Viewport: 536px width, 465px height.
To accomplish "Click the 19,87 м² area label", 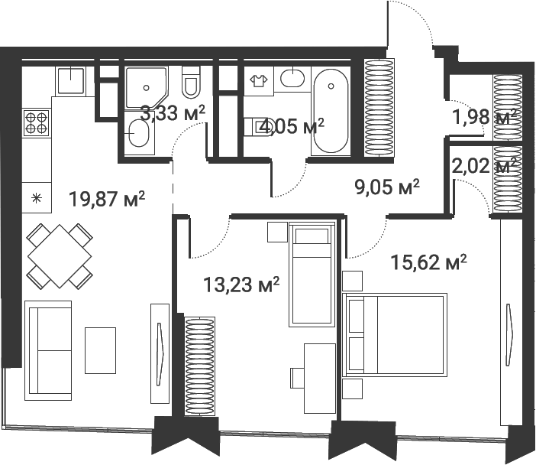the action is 107,199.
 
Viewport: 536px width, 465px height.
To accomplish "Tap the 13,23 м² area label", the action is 241,285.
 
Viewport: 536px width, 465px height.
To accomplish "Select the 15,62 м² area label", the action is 428,262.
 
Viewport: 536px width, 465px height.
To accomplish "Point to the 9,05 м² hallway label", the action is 387,187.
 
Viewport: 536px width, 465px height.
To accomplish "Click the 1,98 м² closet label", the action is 484,117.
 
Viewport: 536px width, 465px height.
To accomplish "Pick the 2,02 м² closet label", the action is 484,166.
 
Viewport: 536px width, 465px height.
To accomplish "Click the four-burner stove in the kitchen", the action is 36,123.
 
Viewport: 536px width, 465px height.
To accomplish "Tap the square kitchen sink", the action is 71,81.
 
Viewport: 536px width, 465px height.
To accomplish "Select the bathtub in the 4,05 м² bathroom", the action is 331,112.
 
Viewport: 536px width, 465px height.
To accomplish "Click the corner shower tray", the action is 146,87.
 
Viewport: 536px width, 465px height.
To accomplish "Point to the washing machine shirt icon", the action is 258,81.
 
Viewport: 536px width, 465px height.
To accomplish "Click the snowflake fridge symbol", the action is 36,198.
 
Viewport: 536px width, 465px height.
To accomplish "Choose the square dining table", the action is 59,255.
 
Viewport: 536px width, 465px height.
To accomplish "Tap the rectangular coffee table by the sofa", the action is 100,350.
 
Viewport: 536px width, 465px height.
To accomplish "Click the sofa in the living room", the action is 48,350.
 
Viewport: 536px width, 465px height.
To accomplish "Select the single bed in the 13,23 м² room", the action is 312,275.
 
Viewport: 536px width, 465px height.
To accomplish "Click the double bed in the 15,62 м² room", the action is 395,335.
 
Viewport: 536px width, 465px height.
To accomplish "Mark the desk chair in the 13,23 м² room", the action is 297,378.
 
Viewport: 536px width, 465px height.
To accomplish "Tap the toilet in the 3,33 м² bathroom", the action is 191,82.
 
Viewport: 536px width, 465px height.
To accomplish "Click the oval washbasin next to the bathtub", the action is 292,78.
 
